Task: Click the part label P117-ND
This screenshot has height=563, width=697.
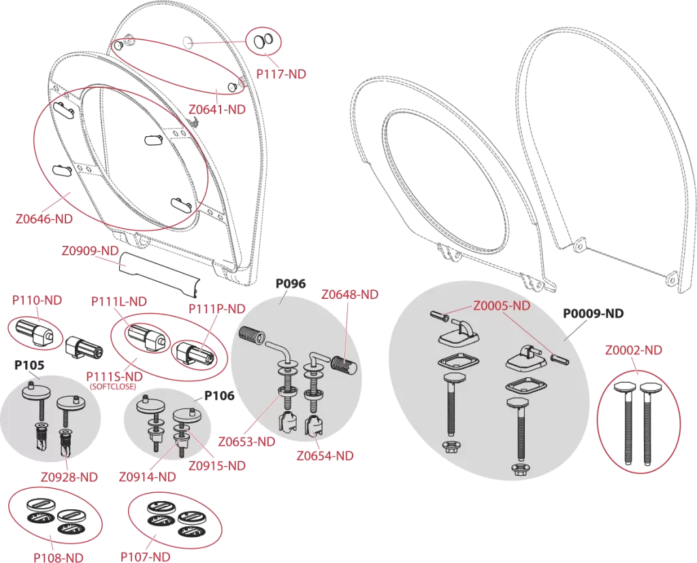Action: click(281, 74)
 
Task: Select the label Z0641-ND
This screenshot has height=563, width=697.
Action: click(217, 109)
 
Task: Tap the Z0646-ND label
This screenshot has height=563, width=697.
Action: click(44, 219)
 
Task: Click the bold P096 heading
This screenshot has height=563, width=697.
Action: click(291, 284)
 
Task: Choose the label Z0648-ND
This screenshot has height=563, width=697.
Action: click(350, 294)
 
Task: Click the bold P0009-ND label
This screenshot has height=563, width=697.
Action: click(594, 314)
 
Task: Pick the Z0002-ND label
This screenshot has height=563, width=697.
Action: click(634, 351)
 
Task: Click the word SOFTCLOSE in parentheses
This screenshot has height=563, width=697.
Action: click(113, 387)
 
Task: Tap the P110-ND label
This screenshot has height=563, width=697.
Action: click(37, 300)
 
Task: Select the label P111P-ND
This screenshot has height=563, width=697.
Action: click(217, 308)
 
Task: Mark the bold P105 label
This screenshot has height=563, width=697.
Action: click(29, 365)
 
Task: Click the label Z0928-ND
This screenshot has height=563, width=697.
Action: click(69, 477)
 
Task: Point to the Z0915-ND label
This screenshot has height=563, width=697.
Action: click(217, 466)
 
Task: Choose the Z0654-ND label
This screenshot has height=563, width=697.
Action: click(325, 456)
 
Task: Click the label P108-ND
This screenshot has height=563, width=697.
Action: click(59, 558)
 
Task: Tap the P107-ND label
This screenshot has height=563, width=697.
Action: click(146, 556)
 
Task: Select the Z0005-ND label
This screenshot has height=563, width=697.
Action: click(502, 306)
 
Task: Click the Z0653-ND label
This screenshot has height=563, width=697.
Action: click(246, 442)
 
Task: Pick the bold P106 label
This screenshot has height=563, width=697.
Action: click(219, 396)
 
